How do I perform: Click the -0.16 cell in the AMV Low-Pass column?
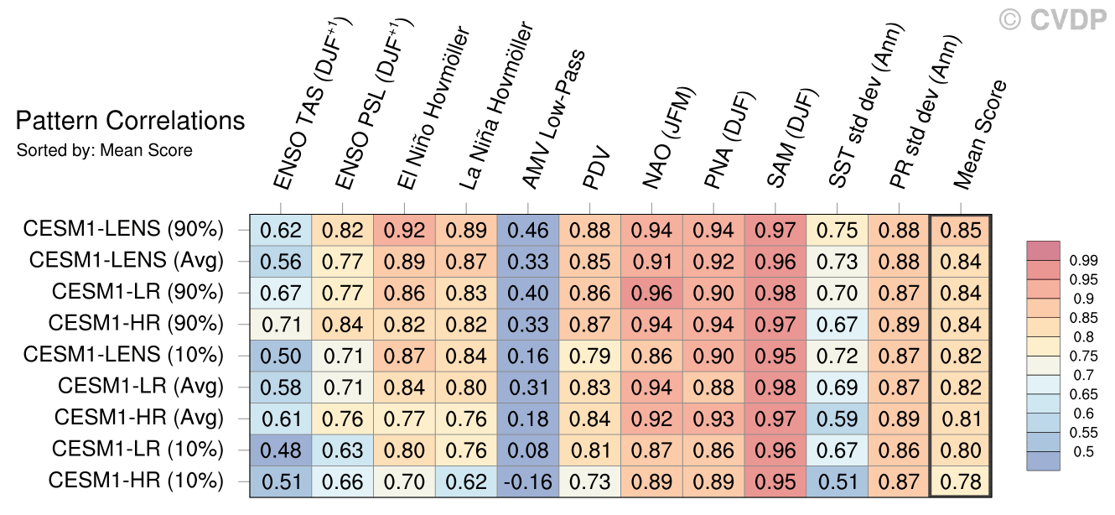pyautogui.click(x=528, y=481)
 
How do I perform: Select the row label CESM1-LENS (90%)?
pyautogui.click(x=123, y=229)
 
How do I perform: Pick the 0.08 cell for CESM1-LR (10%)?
pyautogui.click(x=528, y=450)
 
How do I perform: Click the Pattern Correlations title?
pyautogui.click(x=130, y=122)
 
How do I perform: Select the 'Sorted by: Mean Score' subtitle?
pyautogui.click(x=105, y=151)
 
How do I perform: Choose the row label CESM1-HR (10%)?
pyautogui.click(x=136, y=481)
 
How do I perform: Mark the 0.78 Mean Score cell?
pyautogui.click(x=961, y=481)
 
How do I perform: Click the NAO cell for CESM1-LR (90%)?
pyautogui.click(x=652, y=293)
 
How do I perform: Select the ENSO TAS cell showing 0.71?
pyautogui.click(x=280, y=324)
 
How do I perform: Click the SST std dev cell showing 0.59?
pyautogui.click(x=838, y=419)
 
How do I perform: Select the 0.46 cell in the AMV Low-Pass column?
pyautogui.click(x=528, y=229)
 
